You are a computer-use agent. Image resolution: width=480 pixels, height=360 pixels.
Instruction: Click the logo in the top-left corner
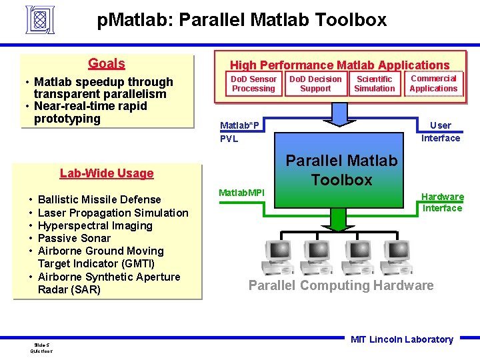(x=40, y=19)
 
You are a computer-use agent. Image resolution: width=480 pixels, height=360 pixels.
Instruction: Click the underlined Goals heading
(x=107, y=63)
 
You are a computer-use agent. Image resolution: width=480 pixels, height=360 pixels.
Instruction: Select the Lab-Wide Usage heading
(x=107, y=173)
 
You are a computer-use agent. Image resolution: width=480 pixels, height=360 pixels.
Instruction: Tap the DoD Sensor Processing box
(x=253, y=84)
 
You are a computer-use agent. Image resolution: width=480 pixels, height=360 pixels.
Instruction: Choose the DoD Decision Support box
(x=315, y=84)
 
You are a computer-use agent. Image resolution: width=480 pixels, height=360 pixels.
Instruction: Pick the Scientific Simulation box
(x=375, y=84)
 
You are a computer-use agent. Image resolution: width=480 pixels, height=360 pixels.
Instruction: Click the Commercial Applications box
(x=433, y=83)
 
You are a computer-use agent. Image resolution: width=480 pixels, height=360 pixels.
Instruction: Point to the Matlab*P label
(x=240, y=125)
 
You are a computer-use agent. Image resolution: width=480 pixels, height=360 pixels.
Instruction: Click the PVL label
(x=229, y=139)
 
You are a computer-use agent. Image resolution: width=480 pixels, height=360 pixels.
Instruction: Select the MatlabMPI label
(x=242, y=193)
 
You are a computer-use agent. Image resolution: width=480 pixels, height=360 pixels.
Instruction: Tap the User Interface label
(x=440, y=132)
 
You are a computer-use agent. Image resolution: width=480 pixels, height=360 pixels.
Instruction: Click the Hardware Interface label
(x=442, y=203)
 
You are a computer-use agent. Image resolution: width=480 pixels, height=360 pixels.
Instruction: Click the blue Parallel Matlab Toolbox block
(x=341, y=170)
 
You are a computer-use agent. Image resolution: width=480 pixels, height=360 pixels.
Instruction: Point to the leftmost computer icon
(x=276, y=257)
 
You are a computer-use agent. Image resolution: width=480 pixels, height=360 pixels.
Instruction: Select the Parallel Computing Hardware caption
(x=341, y=285)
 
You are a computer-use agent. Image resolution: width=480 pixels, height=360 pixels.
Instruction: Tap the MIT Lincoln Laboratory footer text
(x=401, y=339)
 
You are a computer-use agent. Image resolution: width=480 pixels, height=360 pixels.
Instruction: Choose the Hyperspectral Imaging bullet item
(x=95, y=225)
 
